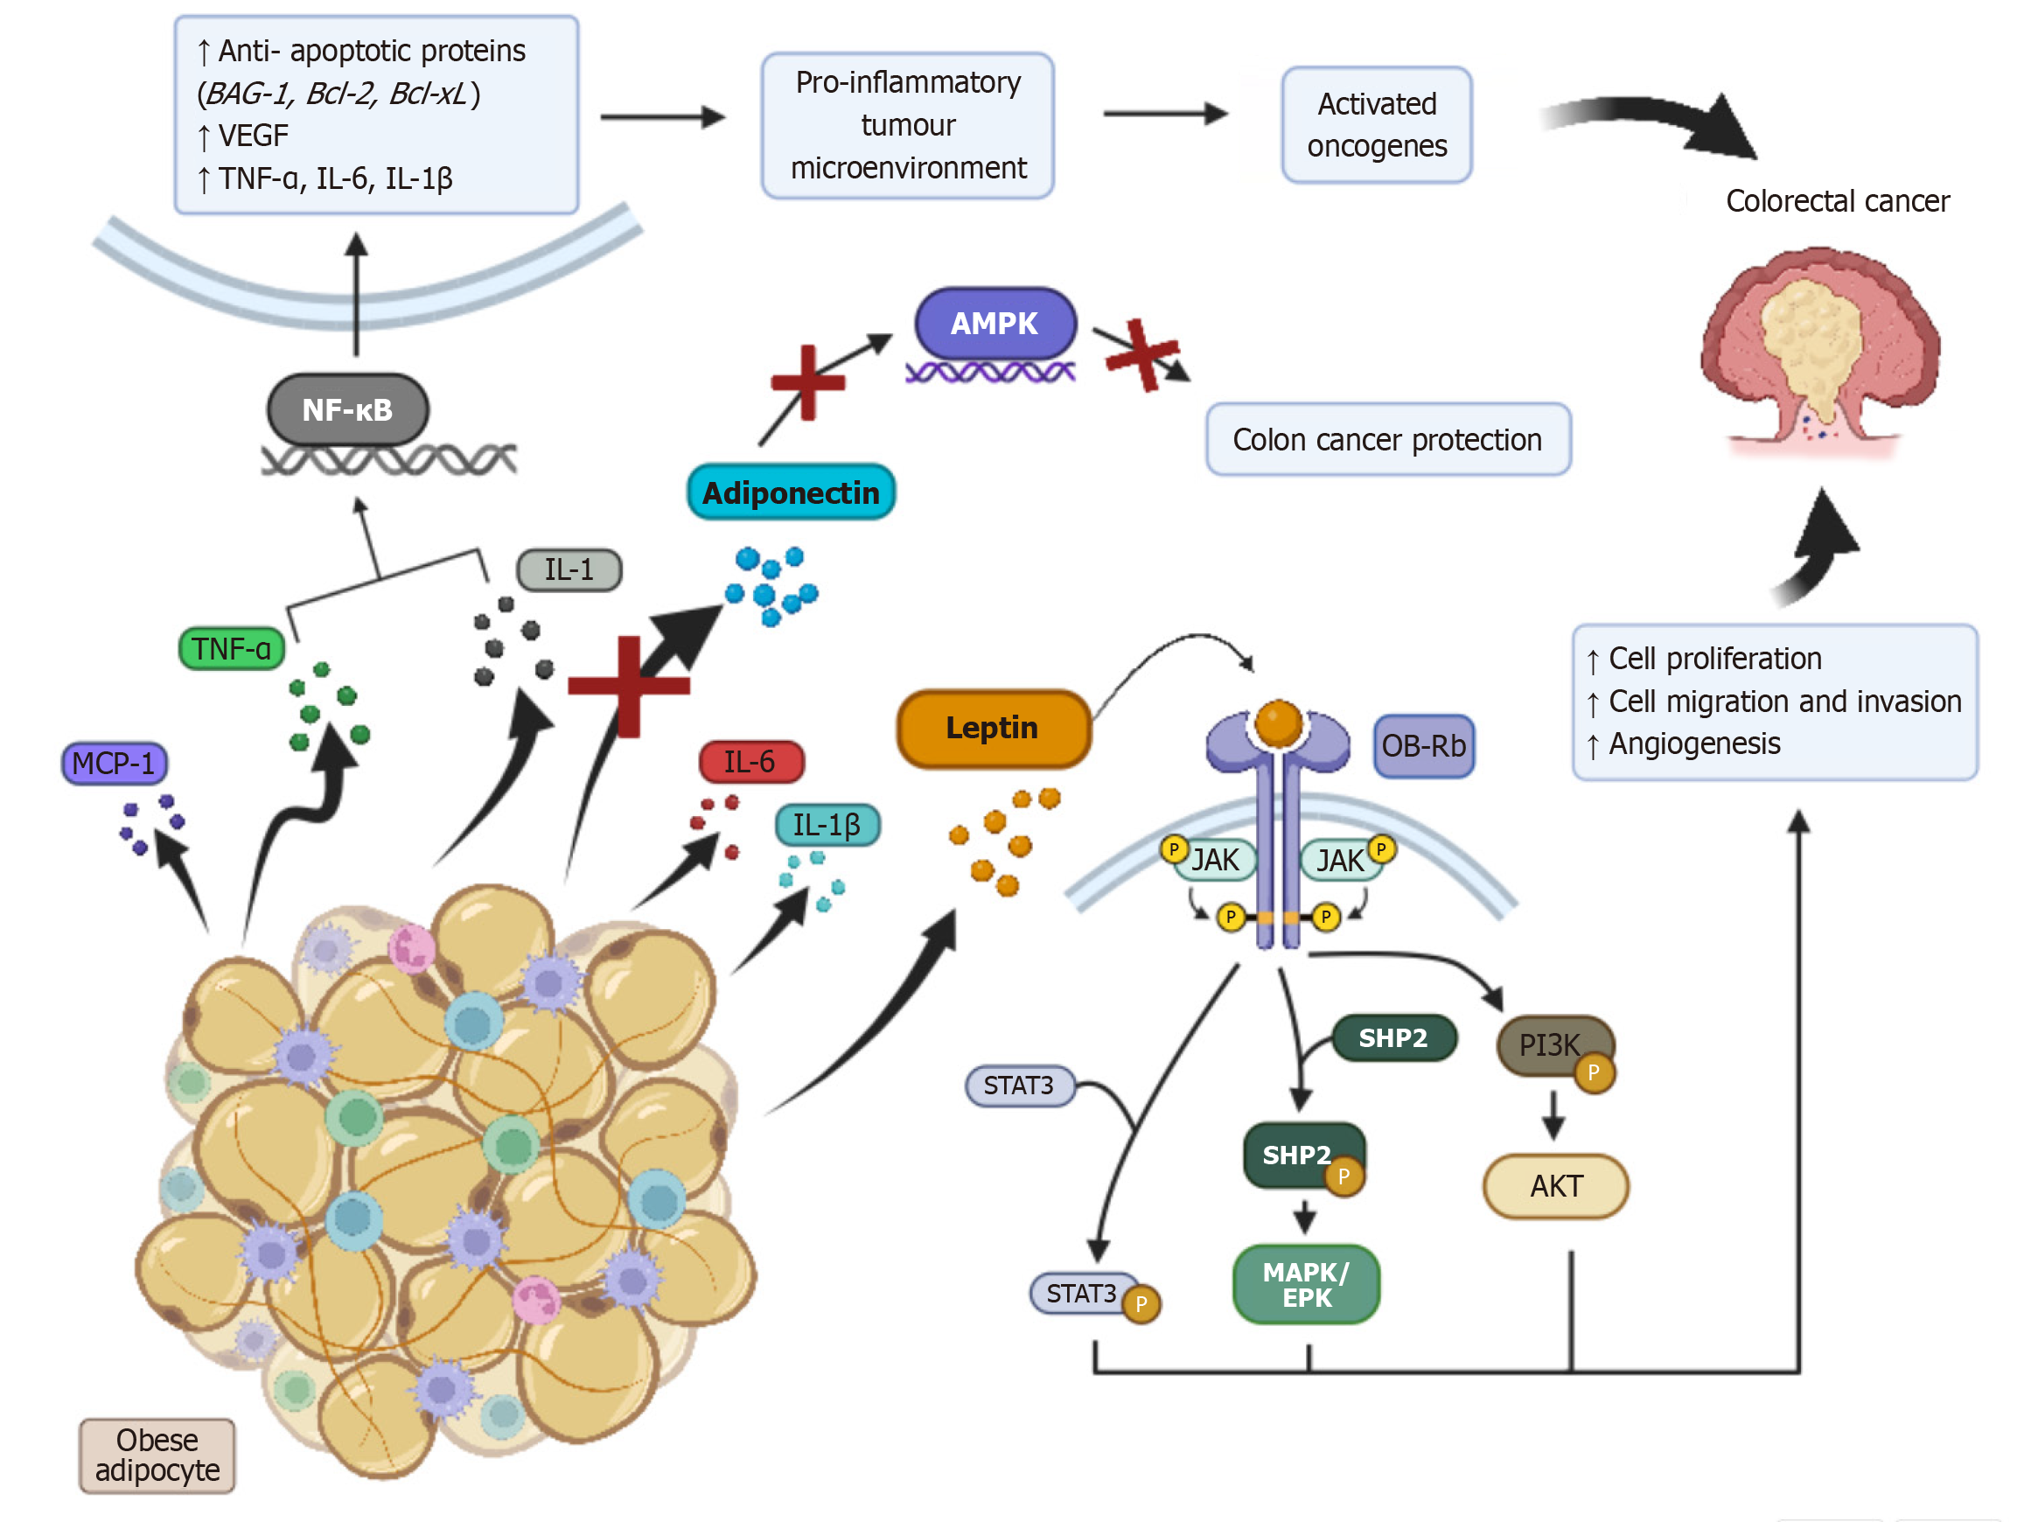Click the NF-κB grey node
tap(348, 409)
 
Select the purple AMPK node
tap(995, 323)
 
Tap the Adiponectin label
tap(791, 492)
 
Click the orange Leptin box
tap(993, 729)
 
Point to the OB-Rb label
tap(1423, 746)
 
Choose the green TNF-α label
tap(232, 649)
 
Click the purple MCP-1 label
tap(114, 764)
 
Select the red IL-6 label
tap(750, 762)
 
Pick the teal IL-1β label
tap(827, 825)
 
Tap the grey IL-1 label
tap(569, 569)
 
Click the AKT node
tap(1555, 1186)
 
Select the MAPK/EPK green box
tap(1307, 1284)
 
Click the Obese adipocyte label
tap(157, 1455)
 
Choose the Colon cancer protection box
tap(1387, 439)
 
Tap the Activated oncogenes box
tap(1376, 124)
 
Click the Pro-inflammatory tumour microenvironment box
tap(908, 125)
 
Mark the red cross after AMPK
tap(1142, 354)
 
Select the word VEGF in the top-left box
tap(254, 136)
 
